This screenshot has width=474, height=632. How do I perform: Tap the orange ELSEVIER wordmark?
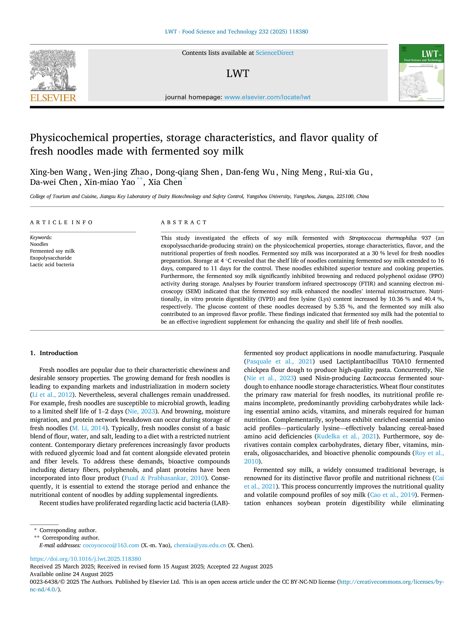(53, 98)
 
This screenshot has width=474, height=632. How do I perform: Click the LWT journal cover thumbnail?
(421, 73)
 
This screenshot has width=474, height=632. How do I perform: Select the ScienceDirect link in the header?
(275, 53)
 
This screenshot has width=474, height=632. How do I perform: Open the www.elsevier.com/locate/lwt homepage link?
(267, 97)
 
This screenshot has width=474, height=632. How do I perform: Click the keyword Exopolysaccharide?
(51, 258)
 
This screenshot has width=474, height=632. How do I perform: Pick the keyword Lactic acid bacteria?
(52, 264)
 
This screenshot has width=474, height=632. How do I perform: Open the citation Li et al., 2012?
(52, 395)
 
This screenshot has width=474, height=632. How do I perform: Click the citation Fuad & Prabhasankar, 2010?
(165, 478)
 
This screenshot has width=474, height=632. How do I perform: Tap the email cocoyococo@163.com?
(111, 545)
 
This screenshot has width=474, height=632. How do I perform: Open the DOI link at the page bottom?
(85, 559)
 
